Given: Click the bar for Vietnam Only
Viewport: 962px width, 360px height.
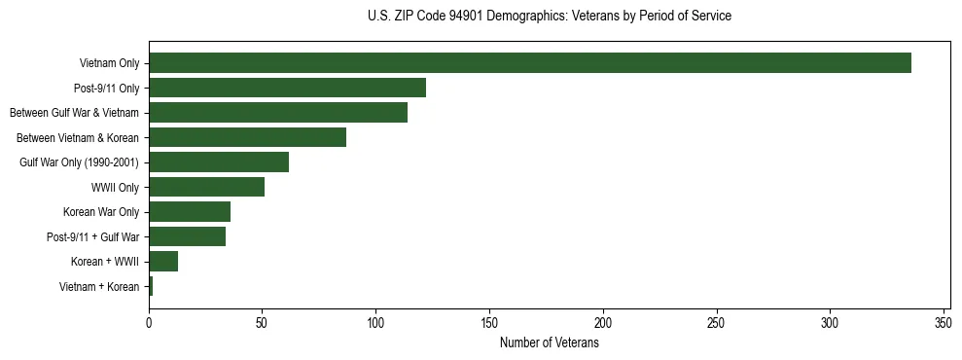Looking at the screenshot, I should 530,63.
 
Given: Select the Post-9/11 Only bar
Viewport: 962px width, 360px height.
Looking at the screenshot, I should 287,88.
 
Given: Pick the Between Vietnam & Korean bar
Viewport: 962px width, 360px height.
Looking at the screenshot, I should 247,137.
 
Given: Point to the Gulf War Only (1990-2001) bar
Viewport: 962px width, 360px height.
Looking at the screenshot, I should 219,162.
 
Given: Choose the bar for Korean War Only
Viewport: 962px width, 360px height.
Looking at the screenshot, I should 190,212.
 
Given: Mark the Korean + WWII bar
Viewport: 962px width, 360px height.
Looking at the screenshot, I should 163,262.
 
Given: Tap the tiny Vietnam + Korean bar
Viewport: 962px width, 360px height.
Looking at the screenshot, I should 151,286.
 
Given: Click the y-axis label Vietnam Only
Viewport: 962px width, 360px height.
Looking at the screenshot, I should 109,63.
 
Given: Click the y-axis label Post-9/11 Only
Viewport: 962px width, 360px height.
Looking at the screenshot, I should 107,88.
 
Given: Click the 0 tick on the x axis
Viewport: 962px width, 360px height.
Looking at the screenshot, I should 149,321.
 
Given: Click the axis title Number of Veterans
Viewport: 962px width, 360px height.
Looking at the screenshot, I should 549,342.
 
